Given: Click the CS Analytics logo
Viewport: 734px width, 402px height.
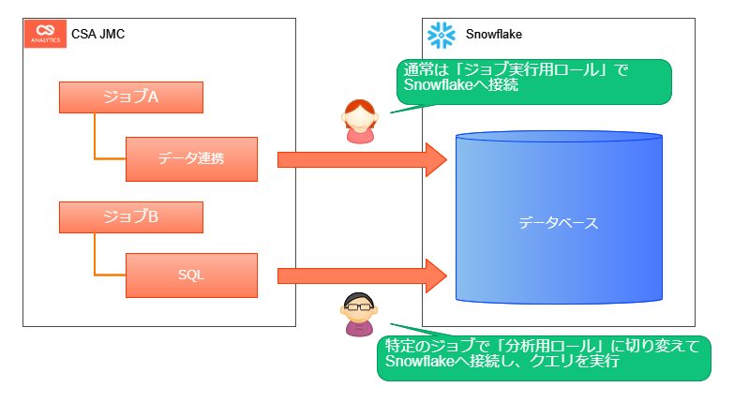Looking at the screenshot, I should coord(44,34).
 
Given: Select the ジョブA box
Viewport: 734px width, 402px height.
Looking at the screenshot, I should coord(130,97).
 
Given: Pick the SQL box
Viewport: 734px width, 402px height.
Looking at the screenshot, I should coord(191,275).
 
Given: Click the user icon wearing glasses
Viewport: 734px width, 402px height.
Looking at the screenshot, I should coord(359,314).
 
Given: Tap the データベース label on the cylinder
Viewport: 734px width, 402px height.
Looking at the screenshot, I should coord(558,224).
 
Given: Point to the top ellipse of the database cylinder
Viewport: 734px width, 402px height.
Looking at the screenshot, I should coord(559,139).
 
